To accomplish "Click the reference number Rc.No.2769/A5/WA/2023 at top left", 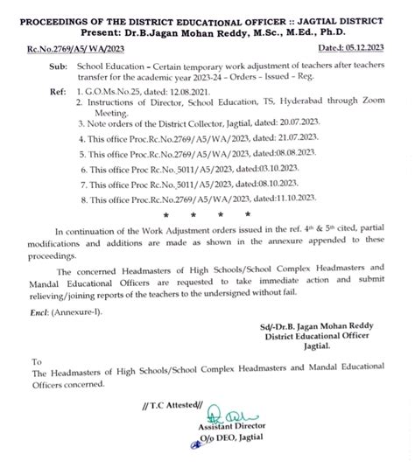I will (67, 52).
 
